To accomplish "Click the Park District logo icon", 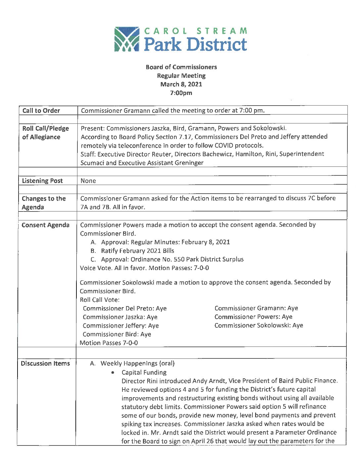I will point(127,39).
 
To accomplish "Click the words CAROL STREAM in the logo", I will point(196,31).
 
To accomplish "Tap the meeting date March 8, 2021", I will point(181,84).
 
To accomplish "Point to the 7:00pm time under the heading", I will point(181,93).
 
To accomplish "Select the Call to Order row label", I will point(41,111).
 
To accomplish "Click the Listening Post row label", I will point(42,181).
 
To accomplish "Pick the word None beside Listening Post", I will point(88,181).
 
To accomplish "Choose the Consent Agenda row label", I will point(46,225).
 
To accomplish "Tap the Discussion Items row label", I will point(45,363).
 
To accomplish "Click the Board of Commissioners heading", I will point(181,67).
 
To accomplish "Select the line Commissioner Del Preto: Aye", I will point(125,308).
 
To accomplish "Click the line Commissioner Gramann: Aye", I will point(256,308).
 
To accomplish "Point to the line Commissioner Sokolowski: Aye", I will point(259,325).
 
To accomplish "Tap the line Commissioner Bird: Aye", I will point(117,334).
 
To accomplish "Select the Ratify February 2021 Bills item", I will point(138,251).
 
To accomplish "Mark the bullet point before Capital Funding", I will point(113,372).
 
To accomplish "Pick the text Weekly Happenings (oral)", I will point(138,363).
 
